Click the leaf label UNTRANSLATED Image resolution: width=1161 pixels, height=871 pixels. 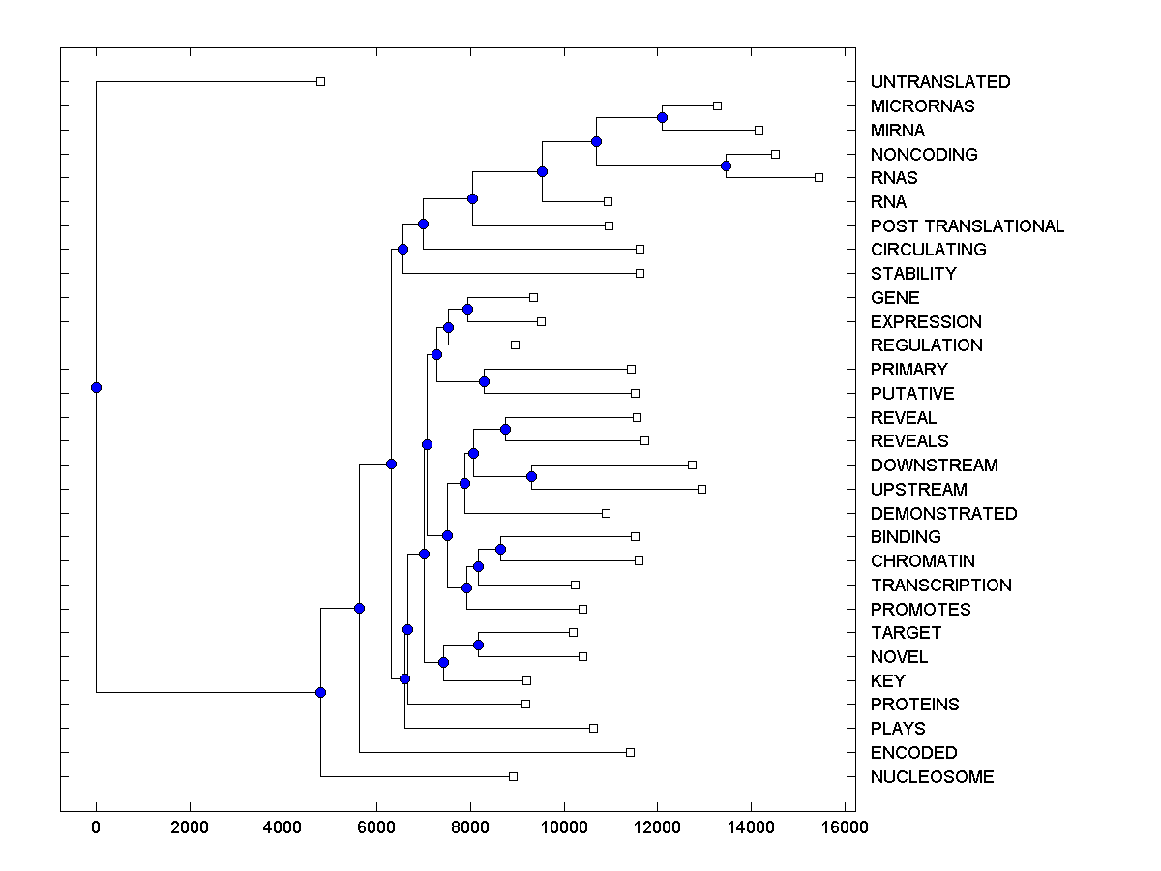click(x=939, y=82)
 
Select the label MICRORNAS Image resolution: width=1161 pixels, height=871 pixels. click(x=922, y=106)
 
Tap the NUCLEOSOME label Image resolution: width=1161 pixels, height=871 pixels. click(x=932, y=777)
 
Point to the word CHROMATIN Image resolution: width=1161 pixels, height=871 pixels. click(x=922, y=561)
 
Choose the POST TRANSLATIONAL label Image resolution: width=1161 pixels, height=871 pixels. click(x=967, y=226)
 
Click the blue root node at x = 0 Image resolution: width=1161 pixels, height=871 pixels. click(x=96, y=387)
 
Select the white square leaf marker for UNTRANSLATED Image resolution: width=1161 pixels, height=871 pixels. click(x=320, y=81)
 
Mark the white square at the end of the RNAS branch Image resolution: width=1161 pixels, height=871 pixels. click(x=819, y=177)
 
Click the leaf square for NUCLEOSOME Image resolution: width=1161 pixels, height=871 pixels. click(x=513, y=776)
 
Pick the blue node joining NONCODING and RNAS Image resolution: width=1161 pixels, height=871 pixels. click(x=726, y=165)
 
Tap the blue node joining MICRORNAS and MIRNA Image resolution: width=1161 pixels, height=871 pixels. click(x=662, y=118)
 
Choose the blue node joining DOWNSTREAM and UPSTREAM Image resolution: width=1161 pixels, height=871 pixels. click(x=531, y=476)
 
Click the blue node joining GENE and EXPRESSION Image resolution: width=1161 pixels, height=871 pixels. click(x=467, y=309)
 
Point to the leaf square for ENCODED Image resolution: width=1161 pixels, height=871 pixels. click(x=630, y=752)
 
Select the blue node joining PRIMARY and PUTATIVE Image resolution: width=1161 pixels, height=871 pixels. click(x=484, y=381)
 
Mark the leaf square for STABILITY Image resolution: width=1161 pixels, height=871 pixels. click(x=640, y=273)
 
